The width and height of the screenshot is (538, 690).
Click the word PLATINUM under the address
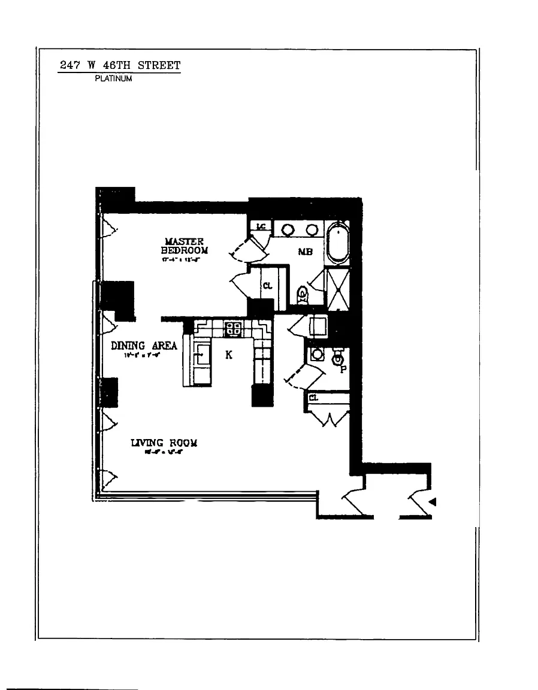[x=113, y=78]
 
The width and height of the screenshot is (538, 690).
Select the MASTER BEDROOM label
[x=185, y=245]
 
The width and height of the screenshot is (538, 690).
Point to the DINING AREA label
[x=144, y=346]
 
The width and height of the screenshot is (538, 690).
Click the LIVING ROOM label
[x=164, y=443]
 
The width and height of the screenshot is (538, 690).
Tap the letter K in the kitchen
[x=229, y=355]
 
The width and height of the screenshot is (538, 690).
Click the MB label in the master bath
[x=306, y=252]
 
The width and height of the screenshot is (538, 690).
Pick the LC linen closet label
[x=261, y=226]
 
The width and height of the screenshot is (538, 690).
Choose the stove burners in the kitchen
[x=232, y=328]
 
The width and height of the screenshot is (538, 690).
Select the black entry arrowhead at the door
[x=431, y=502]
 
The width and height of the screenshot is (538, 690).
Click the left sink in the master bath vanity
[x=288, y=229]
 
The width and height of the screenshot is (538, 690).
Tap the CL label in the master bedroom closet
[x=267, y=286]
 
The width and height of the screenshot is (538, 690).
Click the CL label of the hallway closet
[x=313, y=397]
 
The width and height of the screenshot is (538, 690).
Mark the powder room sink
[x=318, y=355]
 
